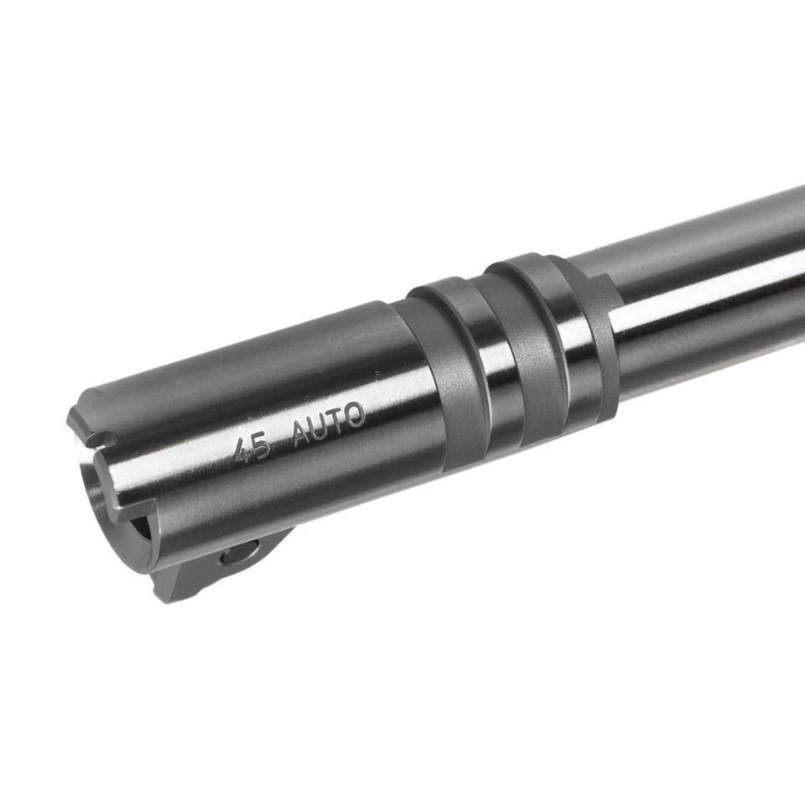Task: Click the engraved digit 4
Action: coord(243,450)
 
